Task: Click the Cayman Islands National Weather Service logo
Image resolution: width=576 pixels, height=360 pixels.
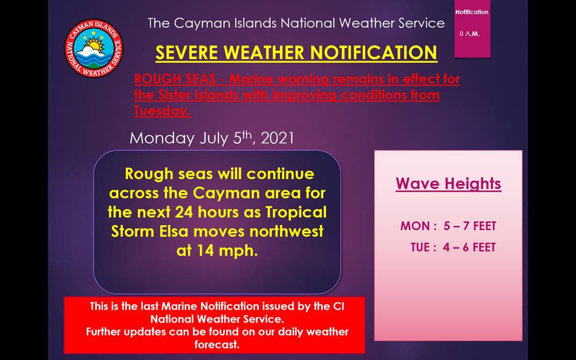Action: click(93, 48)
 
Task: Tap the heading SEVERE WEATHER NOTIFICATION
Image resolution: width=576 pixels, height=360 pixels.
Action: click(296, 53)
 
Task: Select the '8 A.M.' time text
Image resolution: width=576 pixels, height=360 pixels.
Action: click(469, 34)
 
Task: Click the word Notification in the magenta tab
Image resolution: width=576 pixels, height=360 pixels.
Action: click(472, 12)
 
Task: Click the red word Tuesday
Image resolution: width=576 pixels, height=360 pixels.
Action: click(161, 111)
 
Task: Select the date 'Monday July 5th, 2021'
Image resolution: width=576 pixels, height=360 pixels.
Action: click(212, 138)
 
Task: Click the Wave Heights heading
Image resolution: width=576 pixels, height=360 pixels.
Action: click(448, 183)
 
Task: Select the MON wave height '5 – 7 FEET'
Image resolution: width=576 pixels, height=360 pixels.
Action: click(470, 226)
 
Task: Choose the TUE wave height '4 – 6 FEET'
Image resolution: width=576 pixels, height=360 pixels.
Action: click(469, 247)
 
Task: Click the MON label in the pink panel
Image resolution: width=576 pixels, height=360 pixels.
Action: click(415, 226)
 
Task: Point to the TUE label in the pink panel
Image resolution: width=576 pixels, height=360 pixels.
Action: click(420, 247)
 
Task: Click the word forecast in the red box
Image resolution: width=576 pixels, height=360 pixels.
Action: click(216, 344)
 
